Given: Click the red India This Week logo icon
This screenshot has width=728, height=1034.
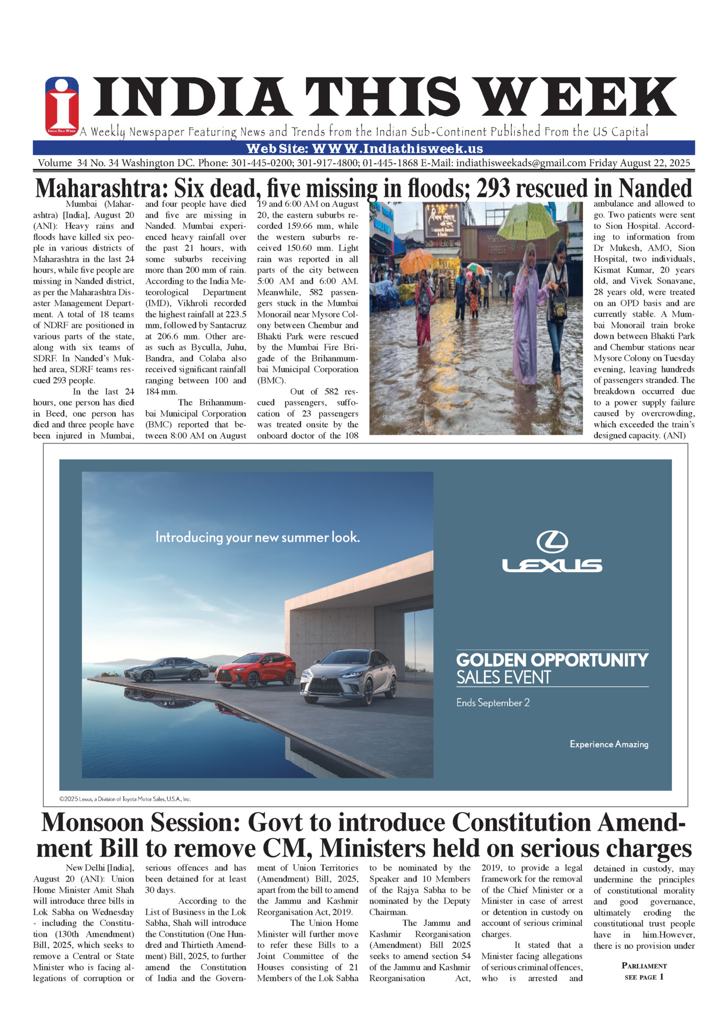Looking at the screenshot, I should pyautogui.click(x=62, y=106).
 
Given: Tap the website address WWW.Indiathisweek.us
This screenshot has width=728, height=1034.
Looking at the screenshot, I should pyautogui.click(x=397, y=148).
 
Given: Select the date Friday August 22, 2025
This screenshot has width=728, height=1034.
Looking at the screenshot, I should pyautogui.click(x=639, y=163).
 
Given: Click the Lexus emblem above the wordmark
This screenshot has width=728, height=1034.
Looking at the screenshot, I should pyautogui.click(x=552, y=541).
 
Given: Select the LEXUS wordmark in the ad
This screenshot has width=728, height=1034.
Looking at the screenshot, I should pyautogui.click(x=552, y=565).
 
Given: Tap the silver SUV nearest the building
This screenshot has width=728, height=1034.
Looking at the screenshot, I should pyautogui.click(x=349, y=676).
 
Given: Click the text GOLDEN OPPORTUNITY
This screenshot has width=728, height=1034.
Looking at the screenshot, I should pyautogui.click(x=552, y=660).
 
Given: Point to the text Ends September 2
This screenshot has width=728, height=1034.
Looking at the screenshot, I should pyautogui.click(x=493, y=703).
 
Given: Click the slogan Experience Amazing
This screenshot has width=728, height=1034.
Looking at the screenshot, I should pyautogui.click(x=609, y=744).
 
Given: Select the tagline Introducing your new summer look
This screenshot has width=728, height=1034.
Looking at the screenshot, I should pyautogui.click(x=257, y=537).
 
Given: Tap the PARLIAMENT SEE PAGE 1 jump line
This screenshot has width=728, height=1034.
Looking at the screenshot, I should pyautogui.click(x=644, y=971).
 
